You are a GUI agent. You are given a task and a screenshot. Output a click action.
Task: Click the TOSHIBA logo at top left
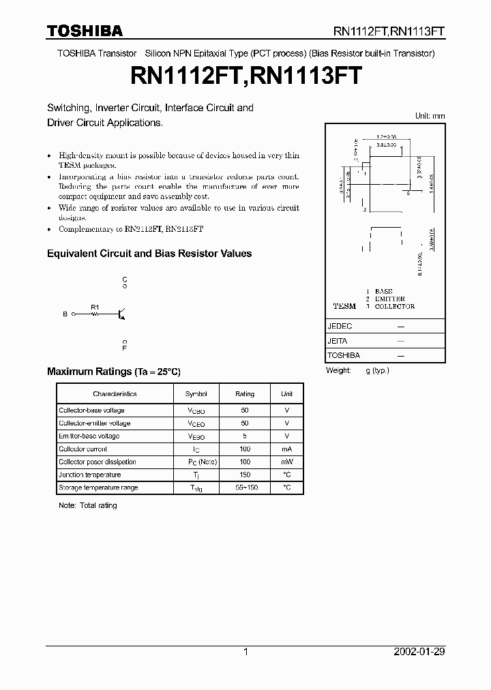tap(85, 31)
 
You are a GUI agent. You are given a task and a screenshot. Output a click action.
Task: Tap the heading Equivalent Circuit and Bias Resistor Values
tap(149, 254)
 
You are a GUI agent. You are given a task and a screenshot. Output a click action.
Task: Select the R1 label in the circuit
tap(95, 307)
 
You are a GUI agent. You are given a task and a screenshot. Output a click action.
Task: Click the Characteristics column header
tap(115, 394)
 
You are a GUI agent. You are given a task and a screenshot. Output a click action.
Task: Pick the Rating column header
tap(245, 394)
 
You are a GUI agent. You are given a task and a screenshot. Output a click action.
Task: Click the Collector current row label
tap(83, 449)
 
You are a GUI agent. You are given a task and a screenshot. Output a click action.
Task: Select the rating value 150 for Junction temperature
tap(245, 475)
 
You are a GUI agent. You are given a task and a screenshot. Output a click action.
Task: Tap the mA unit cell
tap(286, 449)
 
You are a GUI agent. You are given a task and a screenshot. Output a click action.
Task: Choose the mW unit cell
tap(286, 462)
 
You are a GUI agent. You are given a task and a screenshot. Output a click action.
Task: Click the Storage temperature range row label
tap(98, 487)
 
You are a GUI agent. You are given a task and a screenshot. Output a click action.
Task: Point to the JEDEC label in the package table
tap(340, 327)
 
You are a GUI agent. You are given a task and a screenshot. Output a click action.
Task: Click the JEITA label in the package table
tap(338, 341)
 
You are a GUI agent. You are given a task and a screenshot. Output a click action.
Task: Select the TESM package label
tap(344, 306)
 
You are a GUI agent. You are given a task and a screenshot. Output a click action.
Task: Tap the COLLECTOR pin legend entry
tap(394, 306)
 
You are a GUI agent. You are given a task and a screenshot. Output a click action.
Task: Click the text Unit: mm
tap(430, 117)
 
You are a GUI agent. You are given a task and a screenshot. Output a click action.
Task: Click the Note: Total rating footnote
tap(88, 505)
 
